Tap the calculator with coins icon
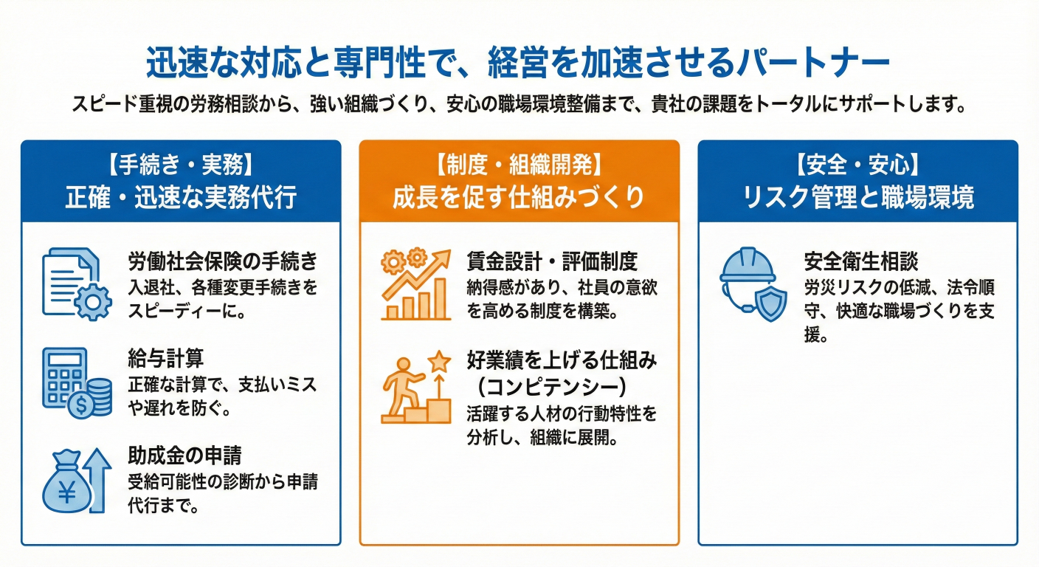77,382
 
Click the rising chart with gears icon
416,284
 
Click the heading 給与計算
165,358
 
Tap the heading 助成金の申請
184,456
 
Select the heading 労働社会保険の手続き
223,261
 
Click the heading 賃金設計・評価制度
552,261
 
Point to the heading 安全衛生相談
861,261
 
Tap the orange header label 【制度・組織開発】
519,165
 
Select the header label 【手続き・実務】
181,165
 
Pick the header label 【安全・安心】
857,165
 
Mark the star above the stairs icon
439,362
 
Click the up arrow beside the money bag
99,480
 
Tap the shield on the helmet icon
771,303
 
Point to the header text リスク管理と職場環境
858,197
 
